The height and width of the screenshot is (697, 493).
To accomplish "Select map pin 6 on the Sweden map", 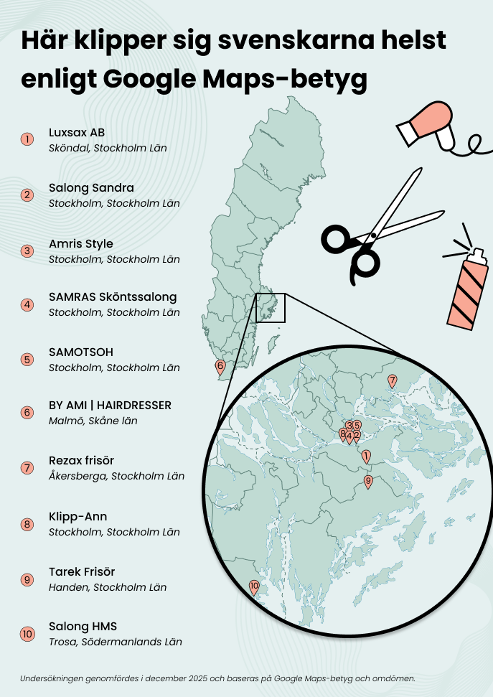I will pyautogui.click(x=220, y=367).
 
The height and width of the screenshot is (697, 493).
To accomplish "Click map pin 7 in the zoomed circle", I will pyautogui.click(x=392, y=380).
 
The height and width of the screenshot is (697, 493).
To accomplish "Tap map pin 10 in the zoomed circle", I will pyautogui.click(x=253, y=586).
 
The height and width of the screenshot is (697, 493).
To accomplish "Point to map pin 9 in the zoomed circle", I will pyautogui.click(x=368, y=481).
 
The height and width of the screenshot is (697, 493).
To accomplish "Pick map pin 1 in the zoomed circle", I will pyautogui.click(x=366, y=456).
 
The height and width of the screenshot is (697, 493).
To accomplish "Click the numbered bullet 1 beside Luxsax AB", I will pyautogui.click(x=27, y=139).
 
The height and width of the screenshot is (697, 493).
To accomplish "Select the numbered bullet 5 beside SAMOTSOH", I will pyautogui.click(x=27, y=359).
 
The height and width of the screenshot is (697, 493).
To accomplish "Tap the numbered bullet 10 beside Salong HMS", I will pyautogui.click(x=27, y=634).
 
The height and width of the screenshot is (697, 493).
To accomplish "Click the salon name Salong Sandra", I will pyautogui.click(x=91, y=188).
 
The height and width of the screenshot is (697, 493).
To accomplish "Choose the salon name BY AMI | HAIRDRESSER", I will pyautogui.click(x=110, y=406).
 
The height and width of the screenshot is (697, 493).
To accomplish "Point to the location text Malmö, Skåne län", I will pyautogui.click(x=93, y=421).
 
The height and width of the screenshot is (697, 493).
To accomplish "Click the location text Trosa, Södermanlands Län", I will pyautogui.click(x=115, y=642).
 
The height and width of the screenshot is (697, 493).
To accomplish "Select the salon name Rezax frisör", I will pyautogui.click(x=81, y=460).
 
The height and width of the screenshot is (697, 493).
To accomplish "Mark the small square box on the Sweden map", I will pyautogui.click(x=271, y=307).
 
